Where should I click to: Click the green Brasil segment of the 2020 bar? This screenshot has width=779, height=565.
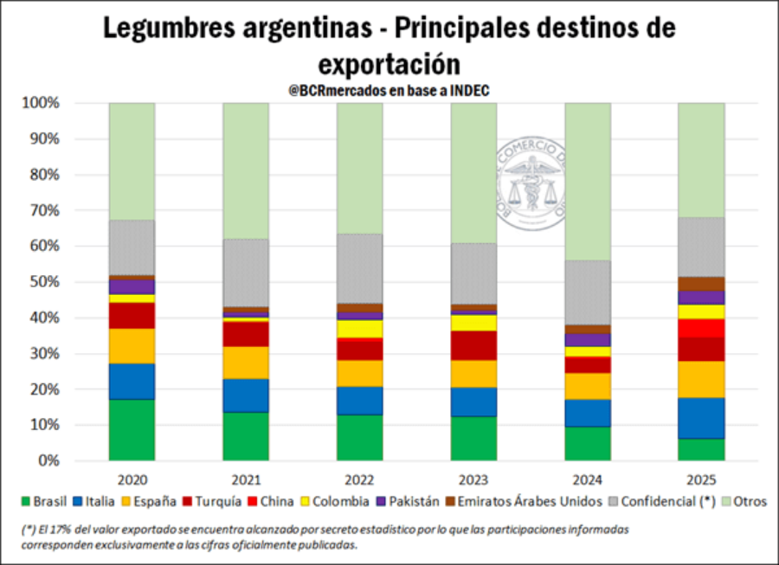132,429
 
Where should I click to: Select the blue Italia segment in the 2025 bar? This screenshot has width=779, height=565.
701,418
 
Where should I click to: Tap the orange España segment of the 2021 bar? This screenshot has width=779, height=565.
246,363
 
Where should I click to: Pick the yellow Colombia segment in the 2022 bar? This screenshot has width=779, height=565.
360,329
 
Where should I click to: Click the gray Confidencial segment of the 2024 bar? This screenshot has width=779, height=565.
588,292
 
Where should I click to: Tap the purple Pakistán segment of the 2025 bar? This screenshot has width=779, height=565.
701,297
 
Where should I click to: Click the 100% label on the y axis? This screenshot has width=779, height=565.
42,103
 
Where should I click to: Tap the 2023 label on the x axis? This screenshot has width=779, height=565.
473,477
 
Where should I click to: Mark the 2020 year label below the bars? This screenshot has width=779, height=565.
132,477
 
